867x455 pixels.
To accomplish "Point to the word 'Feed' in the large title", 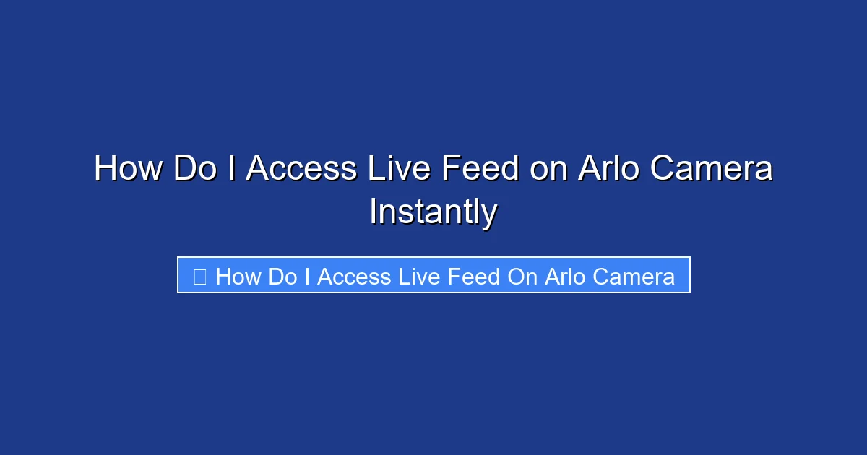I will tap(480, 169).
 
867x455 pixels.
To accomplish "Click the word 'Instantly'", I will tap(433, 212).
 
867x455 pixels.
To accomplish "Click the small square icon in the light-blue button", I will tap(200, 276).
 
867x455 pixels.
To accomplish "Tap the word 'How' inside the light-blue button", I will tap(238, 277).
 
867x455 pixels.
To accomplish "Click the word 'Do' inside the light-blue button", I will tap(282, 277).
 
